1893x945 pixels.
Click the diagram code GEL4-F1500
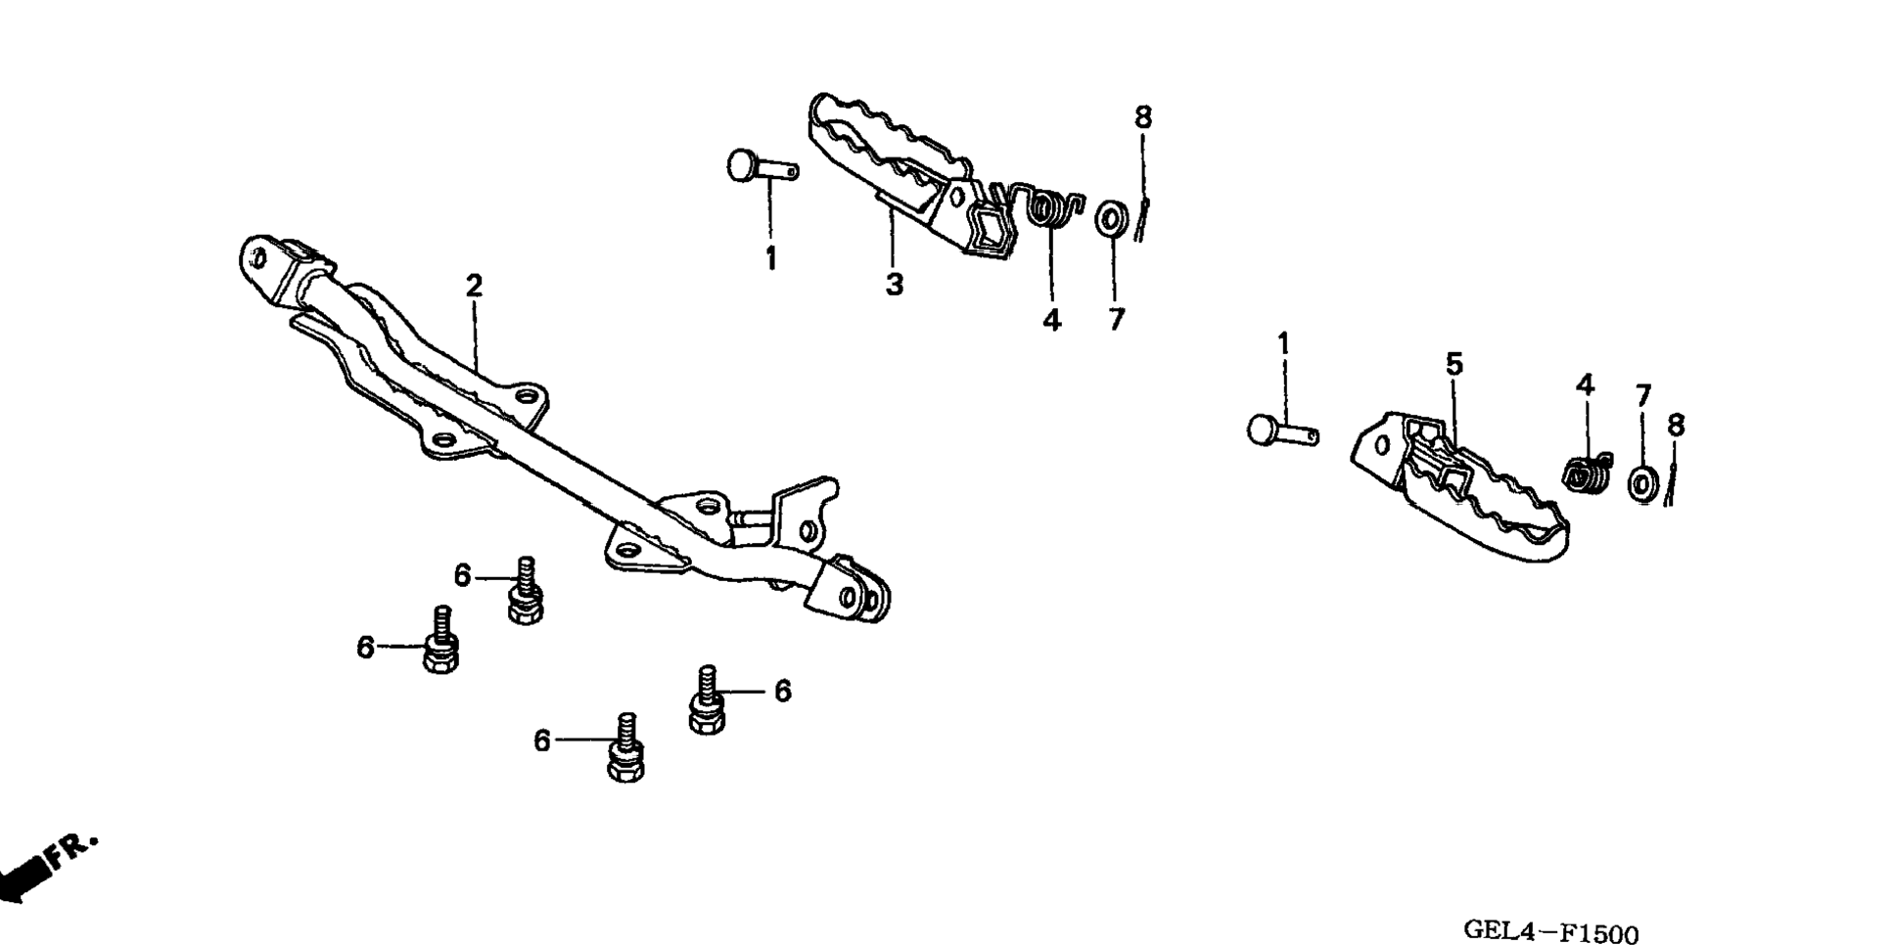(1549, 931)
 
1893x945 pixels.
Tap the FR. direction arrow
(44, 867)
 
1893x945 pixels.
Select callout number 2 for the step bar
(474, 287)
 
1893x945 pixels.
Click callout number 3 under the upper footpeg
(894, 285)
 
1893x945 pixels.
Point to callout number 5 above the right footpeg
(1454, 365)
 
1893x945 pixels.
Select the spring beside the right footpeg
(1586, 472)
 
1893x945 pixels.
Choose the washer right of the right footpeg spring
(1642, 483)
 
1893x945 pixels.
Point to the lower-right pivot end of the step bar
(861, 594)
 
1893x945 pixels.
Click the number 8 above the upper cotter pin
(1143, 117)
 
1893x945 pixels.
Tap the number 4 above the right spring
(1585, 384)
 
